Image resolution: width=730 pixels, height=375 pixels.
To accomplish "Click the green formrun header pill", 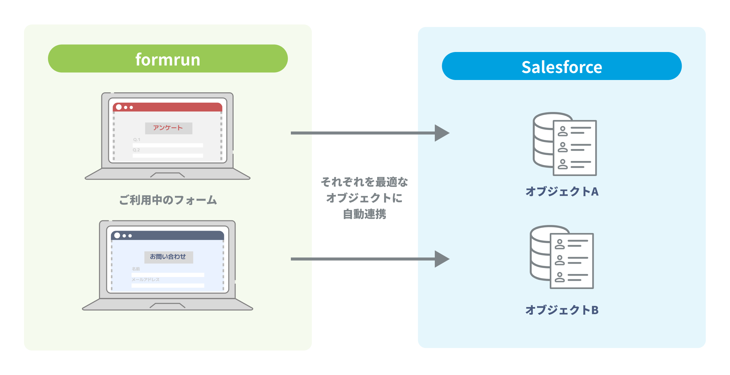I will (168, 59).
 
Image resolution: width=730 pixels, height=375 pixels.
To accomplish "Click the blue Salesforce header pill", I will (561, 66).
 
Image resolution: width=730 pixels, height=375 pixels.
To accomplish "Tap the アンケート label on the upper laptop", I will (168, 128).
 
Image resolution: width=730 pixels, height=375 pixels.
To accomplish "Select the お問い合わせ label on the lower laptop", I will (168, 257).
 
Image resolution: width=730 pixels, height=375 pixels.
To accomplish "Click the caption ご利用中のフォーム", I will (168, 200).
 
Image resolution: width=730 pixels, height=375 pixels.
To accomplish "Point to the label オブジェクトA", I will (562, 191).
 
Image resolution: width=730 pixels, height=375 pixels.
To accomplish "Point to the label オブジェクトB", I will (562, 310).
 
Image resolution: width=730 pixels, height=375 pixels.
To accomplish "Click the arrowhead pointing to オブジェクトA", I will (442, 133).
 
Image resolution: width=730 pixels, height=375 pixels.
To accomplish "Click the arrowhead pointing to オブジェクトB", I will (442, 259).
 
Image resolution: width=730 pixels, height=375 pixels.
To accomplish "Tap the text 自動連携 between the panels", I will (364, 214).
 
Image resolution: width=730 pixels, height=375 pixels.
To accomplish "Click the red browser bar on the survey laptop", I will (173, 107).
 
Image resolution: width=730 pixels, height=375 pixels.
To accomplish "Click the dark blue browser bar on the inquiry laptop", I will (173, 235).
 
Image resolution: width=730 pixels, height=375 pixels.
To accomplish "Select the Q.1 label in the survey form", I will (137, 140).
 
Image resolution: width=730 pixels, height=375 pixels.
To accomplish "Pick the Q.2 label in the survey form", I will (136, 150).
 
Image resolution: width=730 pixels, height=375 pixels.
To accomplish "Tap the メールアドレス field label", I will (145, 280).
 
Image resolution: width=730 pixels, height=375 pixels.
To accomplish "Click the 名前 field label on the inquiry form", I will (136, 269).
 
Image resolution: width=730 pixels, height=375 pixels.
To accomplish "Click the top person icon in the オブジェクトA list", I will (562, 131).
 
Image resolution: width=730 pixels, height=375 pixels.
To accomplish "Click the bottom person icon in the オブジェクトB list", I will (559, 277).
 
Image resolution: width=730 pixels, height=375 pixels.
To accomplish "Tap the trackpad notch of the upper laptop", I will (167, 175).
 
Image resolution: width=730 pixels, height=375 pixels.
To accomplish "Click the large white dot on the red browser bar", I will (119, 107).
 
